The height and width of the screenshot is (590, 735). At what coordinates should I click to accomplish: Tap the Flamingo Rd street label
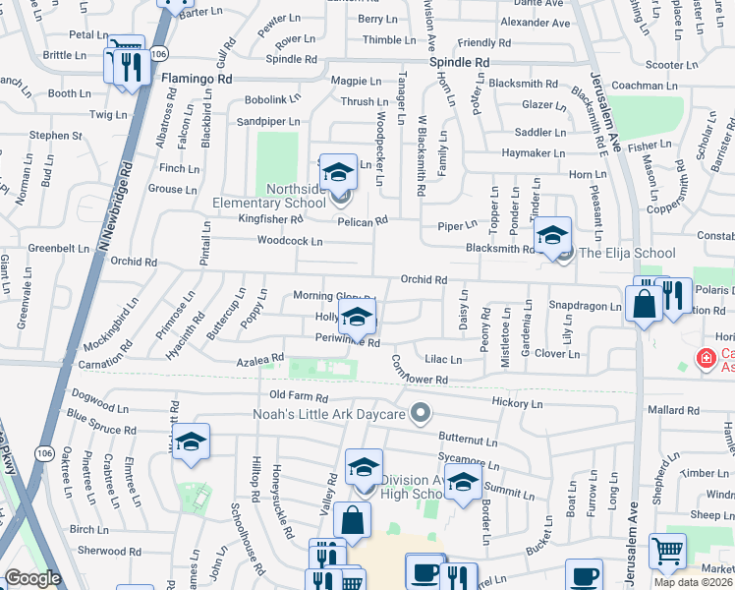pos(197,77)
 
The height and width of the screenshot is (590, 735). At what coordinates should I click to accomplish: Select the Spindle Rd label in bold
pos(459,61)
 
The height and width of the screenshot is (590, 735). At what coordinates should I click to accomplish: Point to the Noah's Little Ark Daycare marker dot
pos(422,414)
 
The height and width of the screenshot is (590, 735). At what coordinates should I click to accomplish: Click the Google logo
pos(32,578)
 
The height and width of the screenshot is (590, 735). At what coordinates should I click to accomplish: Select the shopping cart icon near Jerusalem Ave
pos(668,553)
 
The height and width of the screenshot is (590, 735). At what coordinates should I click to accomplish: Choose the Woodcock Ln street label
pos(290,241)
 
